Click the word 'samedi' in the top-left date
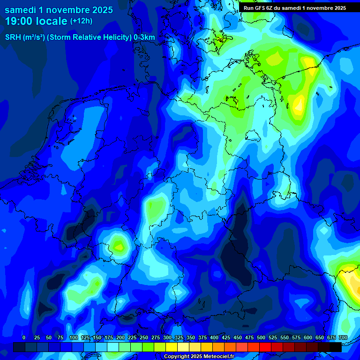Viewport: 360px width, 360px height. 20,10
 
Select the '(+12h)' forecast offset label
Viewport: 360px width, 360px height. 81,21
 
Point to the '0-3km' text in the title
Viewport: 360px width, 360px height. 144,37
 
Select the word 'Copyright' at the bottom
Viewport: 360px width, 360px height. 176,357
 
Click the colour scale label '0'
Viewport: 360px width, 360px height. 24,338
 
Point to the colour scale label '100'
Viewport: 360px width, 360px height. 73,338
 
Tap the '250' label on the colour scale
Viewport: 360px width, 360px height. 144,338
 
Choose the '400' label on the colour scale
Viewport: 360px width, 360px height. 214,338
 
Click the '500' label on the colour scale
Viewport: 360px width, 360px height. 261,338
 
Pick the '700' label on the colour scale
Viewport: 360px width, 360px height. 343,338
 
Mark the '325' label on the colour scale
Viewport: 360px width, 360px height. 179,338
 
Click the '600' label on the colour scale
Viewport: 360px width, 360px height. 308,338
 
